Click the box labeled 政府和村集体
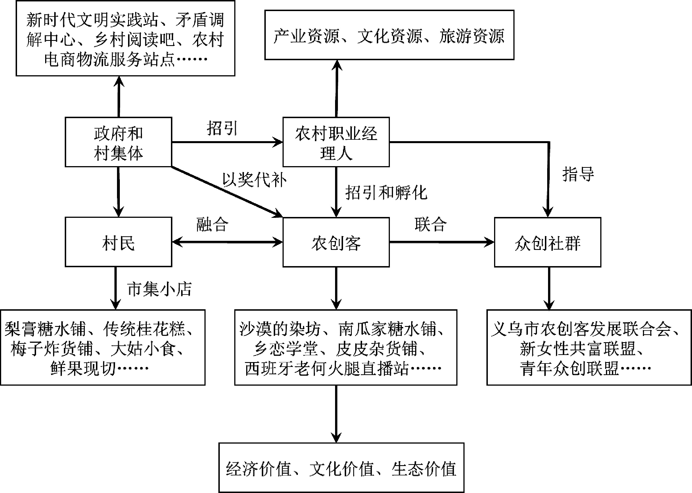[118, 142]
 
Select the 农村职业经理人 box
[336, 142]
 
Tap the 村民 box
[118, 242]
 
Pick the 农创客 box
[336, 242]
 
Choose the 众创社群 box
[547, 242]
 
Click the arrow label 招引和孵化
[386, 193]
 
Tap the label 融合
[212, 225]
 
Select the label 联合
[430, 225]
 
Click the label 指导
[578, 174]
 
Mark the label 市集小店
[159, 289]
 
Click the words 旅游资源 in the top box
[472, 36]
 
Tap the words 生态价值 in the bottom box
[424, 469]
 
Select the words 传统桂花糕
[145, 329]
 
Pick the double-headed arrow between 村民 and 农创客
[227, 242]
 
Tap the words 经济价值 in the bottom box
[258, 469]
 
